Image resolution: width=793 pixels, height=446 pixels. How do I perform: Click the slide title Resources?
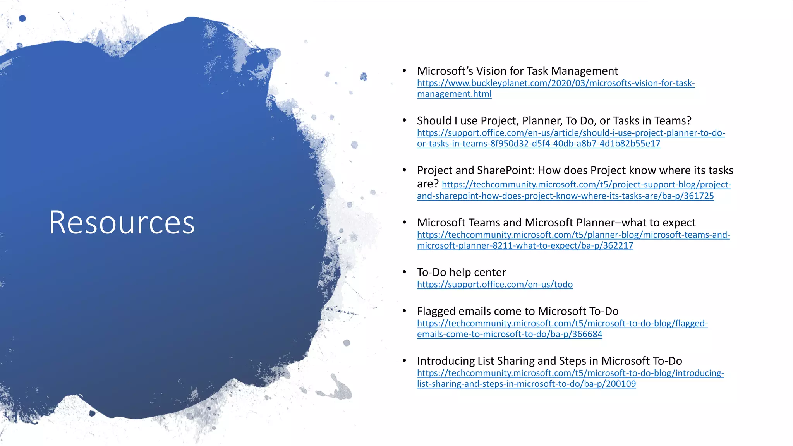[122, 223]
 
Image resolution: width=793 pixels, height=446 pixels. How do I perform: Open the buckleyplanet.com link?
[556, 83]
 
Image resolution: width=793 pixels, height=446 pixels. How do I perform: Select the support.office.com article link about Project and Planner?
[571, 133]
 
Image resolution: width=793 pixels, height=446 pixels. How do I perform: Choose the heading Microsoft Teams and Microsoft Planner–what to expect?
[556, 223]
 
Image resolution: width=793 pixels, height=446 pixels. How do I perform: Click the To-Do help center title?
[461, 272]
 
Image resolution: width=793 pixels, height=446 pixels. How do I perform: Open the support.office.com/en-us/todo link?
[494, 285]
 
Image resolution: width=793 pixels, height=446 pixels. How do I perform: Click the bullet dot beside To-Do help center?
[404, 272]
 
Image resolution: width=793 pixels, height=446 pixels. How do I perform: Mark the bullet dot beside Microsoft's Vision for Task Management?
[404, 70]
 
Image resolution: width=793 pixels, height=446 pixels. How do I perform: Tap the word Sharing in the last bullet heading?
[516, 361]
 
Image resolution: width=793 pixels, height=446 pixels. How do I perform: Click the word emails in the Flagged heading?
[478, 311]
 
